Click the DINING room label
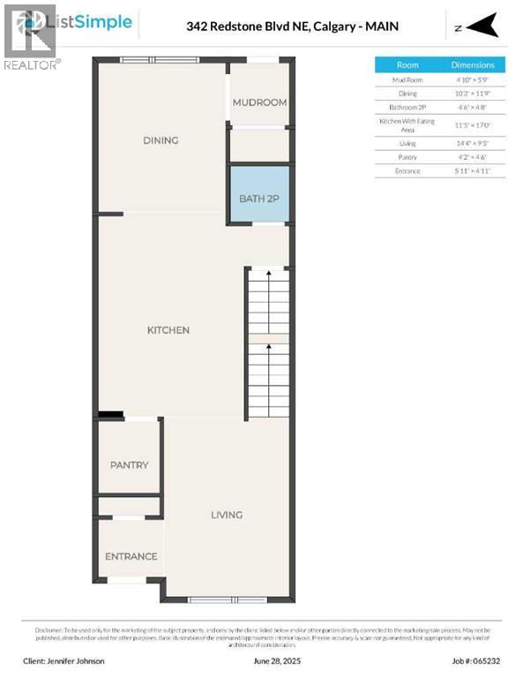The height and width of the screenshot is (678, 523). pos(161,140)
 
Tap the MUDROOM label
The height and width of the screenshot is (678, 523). pos(259,102)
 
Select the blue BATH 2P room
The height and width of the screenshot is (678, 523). pos(258,198)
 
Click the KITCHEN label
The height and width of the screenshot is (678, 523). pos(168,330)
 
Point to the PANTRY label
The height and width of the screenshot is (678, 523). pos(129,465)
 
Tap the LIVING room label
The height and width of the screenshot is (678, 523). pos(227,515)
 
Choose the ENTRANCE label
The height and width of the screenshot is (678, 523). pos(131,556)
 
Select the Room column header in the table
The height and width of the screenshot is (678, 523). pos(407,65)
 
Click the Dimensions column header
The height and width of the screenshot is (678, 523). pos(474,65)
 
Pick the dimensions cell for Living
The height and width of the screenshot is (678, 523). pos(474,142)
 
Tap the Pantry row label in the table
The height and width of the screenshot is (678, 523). pos(407,156)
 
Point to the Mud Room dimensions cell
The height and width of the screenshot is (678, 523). pos(474,79)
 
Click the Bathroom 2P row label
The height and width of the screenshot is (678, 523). pos(407,107)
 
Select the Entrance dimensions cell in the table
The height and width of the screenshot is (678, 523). pos(474,170)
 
